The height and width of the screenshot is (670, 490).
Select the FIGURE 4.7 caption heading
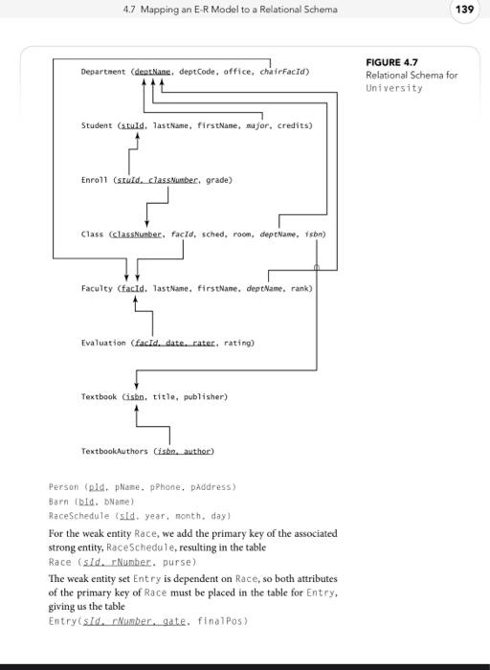391,62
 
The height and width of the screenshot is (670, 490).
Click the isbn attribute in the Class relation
315,234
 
